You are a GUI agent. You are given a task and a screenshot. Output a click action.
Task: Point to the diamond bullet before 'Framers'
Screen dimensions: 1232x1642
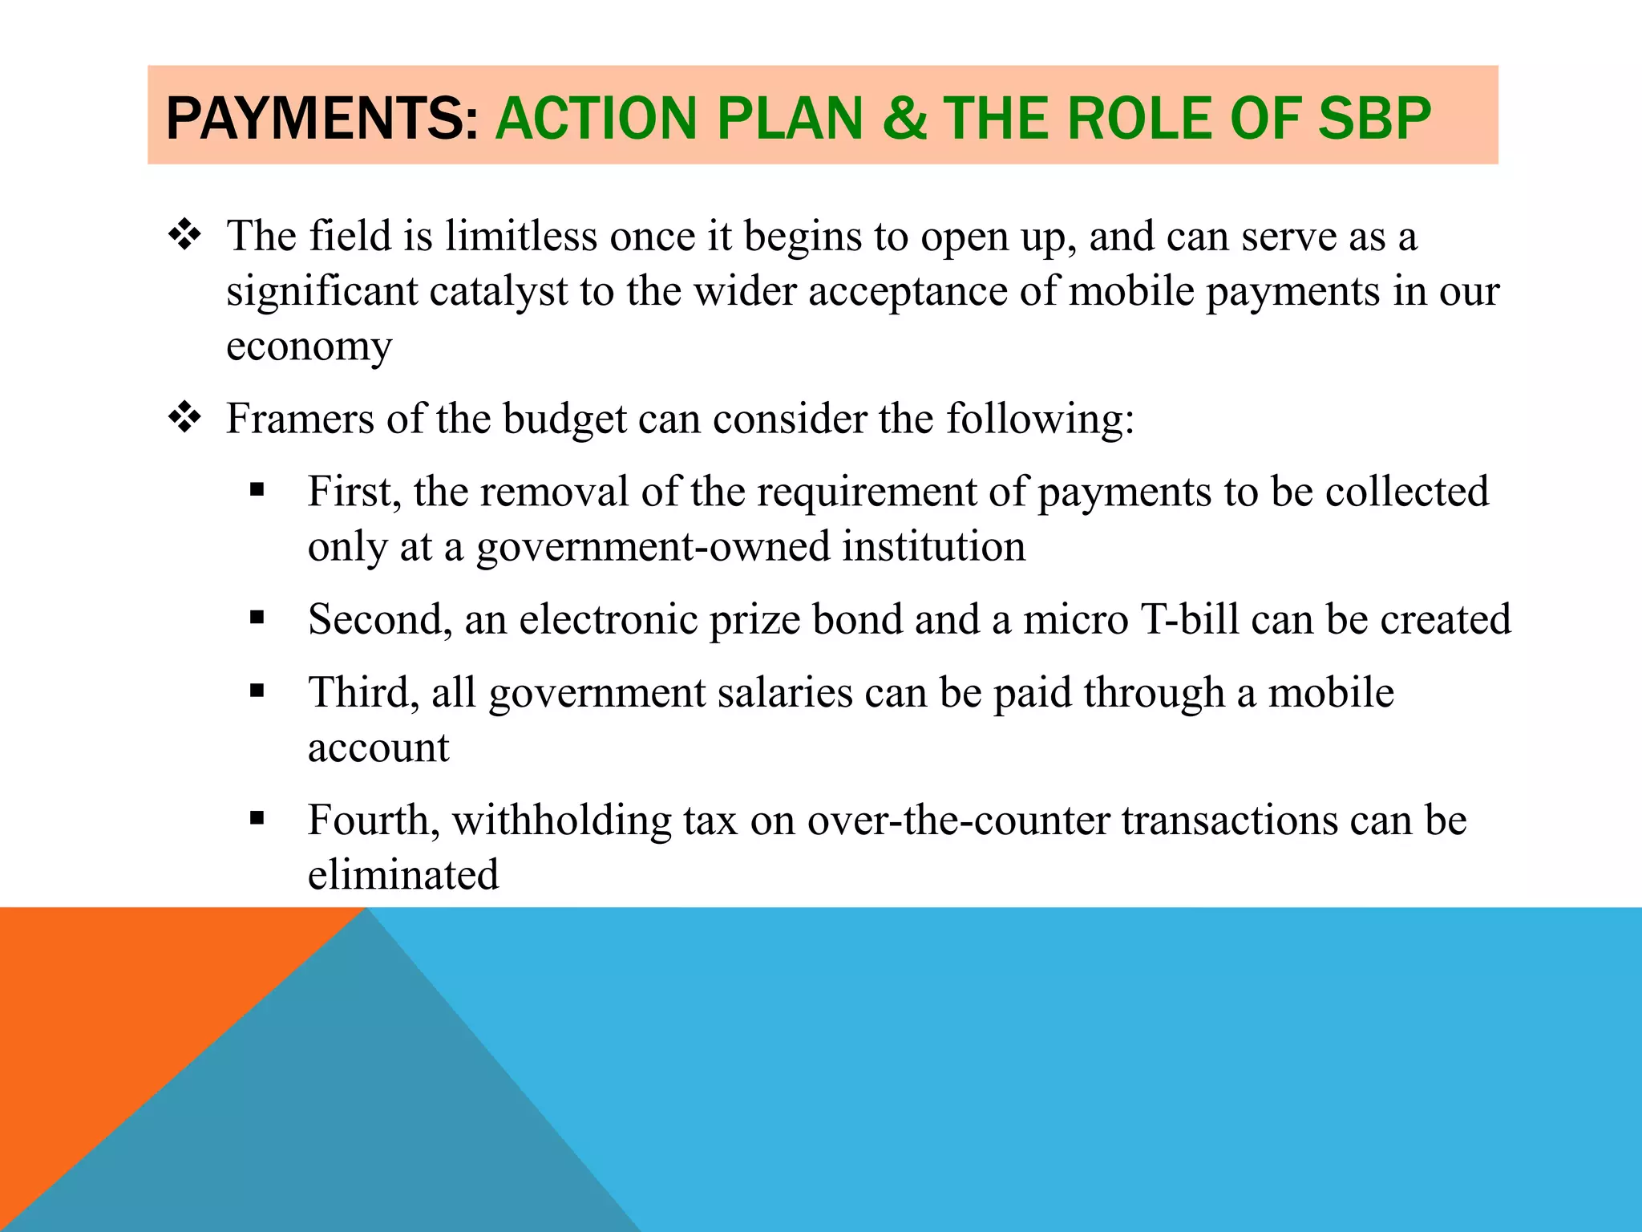coord(185,418)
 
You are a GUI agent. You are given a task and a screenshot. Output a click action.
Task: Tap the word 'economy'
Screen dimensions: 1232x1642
coord(309,346)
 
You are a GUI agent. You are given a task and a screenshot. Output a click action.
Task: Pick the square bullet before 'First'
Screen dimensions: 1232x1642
coord(257,490)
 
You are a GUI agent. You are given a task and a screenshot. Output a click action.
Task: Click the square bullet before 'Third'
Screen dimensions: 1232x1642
coord(257,691)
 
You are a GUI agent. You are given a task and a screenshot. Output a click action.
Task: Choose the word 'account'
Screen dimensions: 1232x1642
coord(378,748)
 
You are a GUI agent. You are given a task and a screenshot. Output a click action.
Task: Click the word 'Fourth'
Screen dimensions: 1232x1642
coord(373,820)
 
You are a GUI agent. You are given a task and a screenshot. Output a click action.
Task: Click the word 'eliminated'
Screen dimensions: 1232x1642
coord(403,874)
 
